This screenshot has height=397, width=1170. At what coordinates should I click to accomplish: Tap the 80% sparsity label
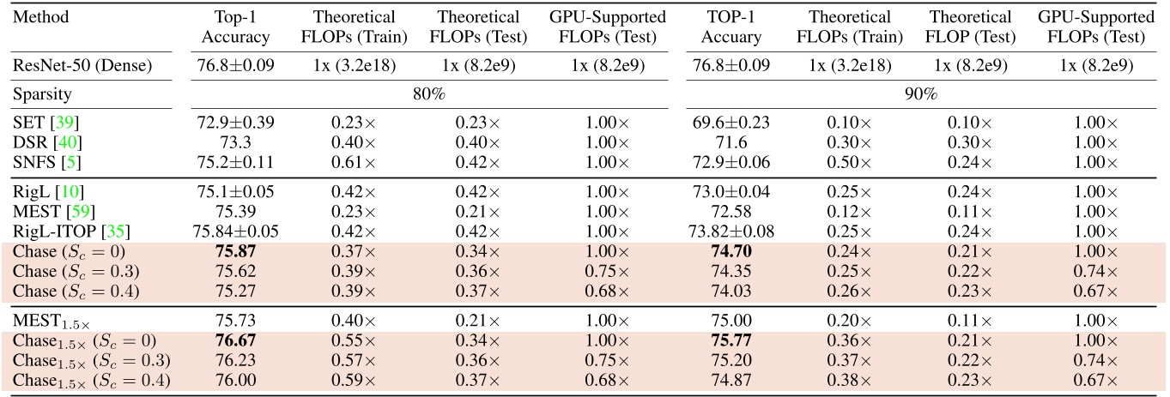pos(427,93)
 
